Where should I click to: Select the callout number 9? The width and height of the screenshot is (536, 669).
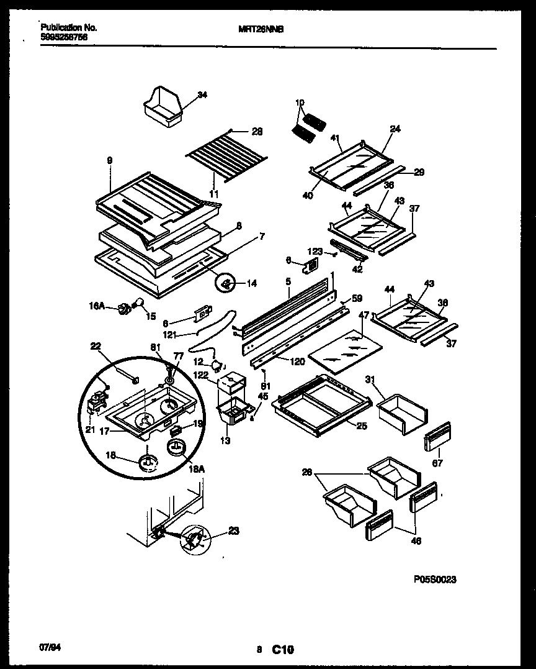[x=109, y=160]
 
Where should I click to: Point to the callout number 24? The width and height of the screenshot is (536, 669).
[x=395, y=129]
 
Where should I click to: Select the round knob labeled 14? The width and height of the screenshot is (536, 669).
[x=227, y=283]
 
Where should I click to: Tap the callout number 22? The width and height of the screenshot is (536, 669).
[x=96, y=346]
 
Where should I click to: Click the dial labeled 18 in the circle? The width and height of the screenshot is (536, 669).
[x=148, y=460]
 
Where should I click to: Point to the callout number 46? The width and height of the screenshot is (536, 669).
[x=416, y=540]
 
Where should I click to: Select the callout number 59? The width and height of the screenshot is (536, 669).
[x=357, y=298]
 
